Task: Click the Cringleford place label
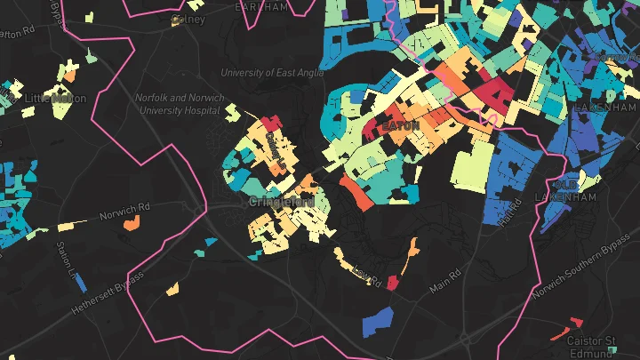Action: (282, 202)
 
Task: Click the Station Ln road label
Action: (64, 257)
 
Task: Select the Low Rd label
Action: (365, 276)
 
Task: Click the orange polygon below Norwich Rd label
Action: (131, 225)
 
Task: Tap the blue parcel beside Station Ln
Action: (81, 283)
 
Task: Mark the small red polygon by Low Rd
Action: (392, 282)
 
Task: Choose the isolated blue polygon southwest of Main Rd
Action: (378, 320)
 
